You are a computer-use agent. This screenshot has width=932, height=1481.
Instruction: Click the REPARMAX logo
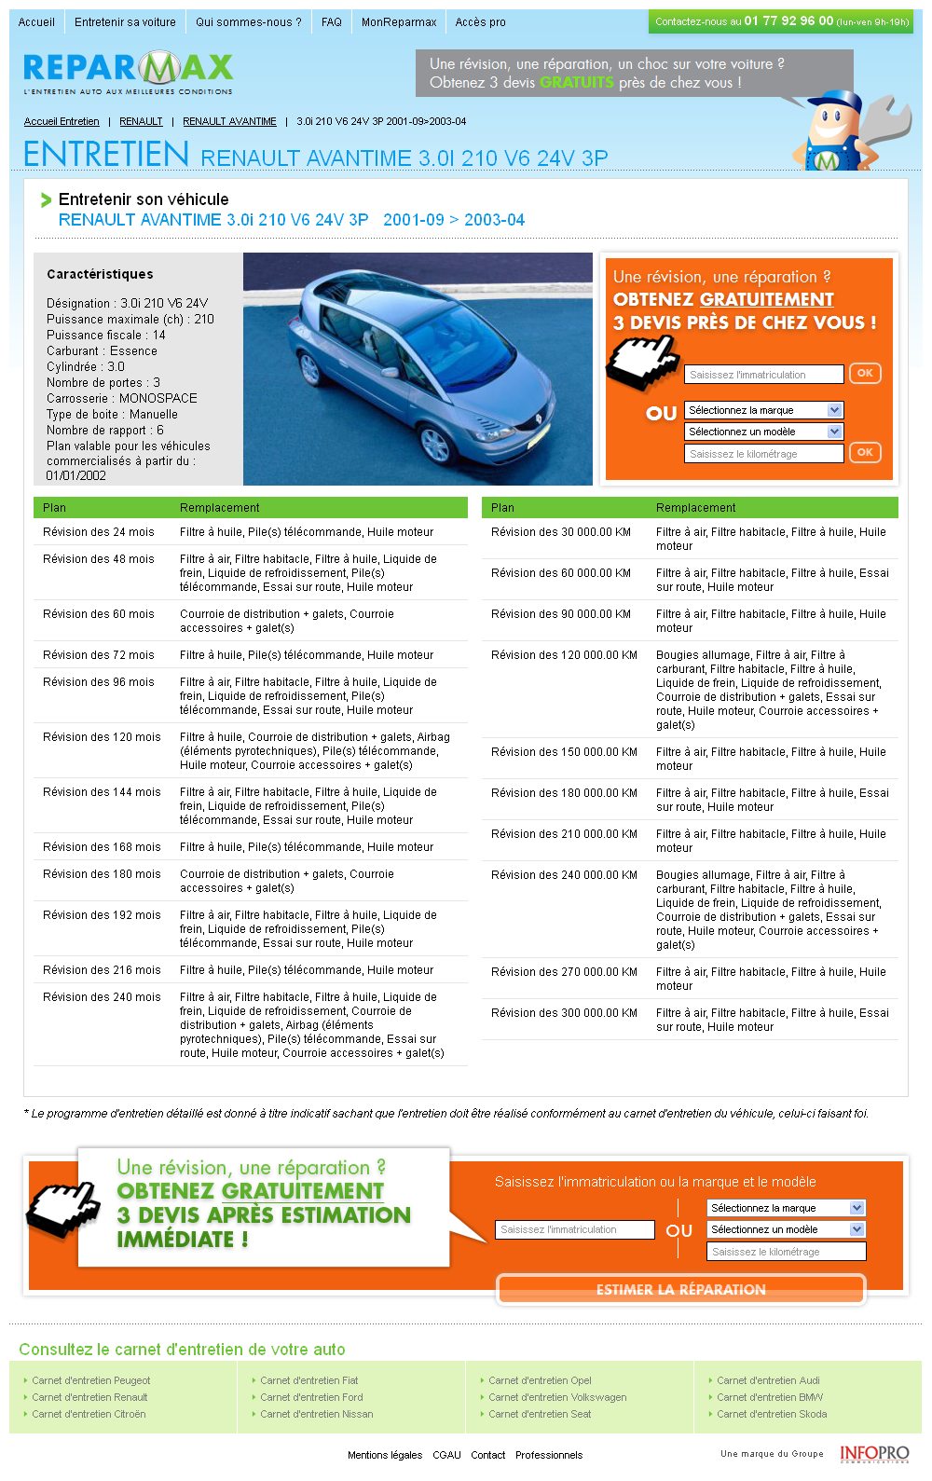[129, 72]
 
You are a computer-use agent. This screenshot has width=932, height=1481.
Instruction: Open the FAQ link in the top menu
[332, 22]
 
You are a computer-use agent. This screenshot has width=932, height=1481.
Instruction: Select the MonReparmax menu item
[399, 22]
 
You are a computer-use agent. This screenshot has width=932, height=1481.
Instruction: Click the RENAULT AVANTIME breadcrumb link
[229, 122]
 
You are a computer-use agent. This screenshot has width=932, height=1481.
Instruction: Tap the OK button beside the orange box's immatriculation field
[865, 374]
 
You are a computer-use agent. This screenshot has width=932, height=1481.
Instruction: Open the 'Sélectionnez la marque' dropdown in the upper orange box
[764, 410]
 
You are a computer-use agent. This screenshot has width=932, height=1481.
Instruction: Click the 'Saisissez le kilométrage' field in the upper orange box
[764, 454]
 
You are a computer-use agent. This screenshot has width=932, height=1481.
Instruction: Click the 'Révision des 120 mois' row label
[102, 737]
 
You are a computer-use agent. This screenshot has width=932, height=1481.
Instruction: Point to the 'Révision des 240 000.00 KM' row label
[564, 875]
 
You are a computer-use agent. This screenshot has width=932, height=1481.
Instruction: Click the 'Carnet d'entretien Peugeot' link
[90, 1381]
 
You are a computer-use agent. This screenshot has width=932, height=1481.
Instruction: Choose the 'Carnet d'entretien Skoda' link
[772, 1415]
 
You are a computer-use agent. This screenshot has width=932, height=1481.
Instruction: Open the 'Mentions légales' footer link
[385, 1455]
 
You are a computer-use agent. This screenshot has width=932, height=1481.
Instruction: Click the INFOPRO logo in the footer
[873, 1454]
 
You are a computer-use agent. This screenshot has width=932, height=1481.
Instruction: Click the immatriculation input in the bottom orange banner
[574, 1230]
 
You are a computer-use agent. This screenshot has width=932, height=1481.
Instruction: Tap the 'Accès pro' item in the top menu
[480, 22]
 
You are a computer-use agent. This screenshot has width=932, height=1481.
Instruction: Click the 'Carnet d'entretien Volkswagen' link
[557, 1398]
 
